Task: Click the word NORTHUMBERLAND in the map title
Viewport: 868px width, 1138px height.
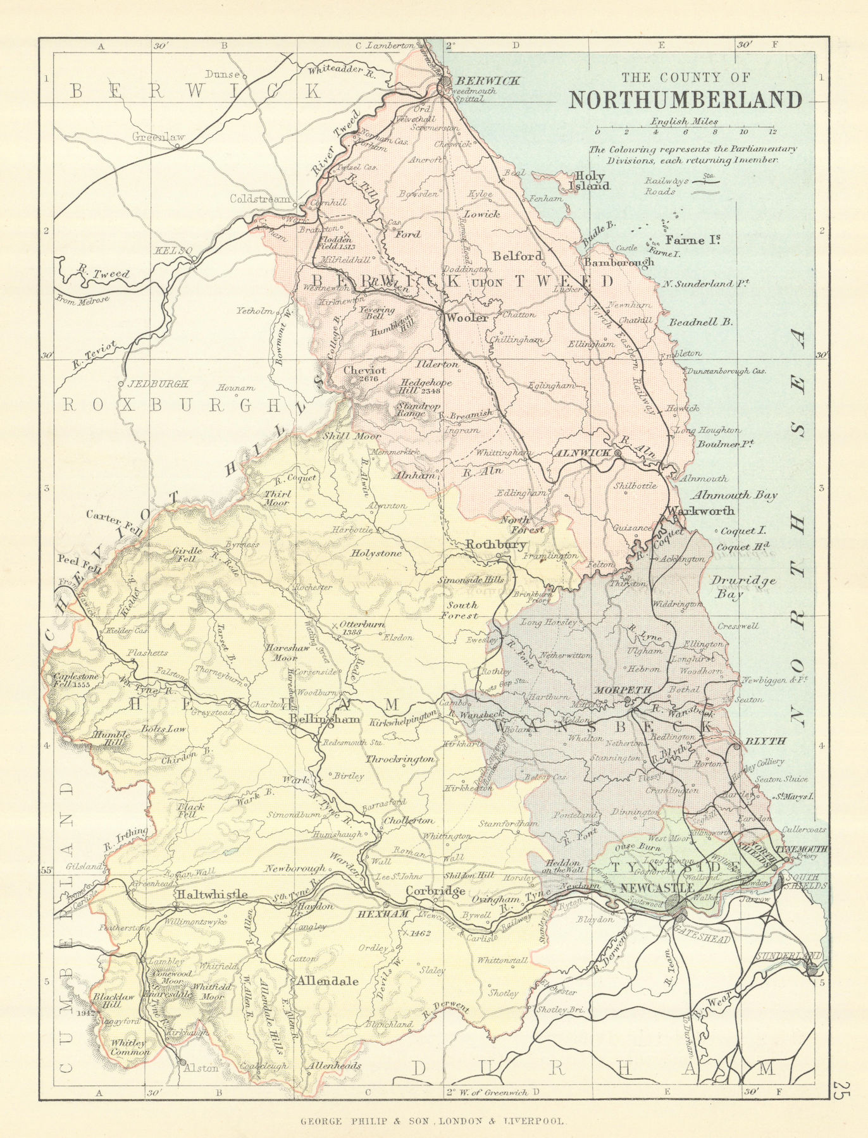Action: click(x=685, y=100)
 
